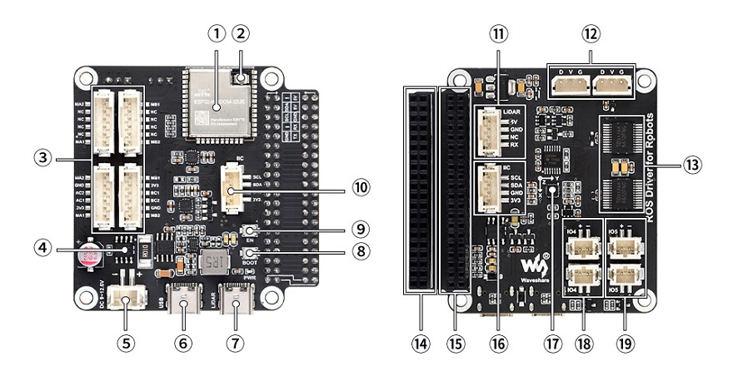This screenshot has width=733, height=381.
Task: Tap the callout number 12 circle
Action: click(x=591, y=34)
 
